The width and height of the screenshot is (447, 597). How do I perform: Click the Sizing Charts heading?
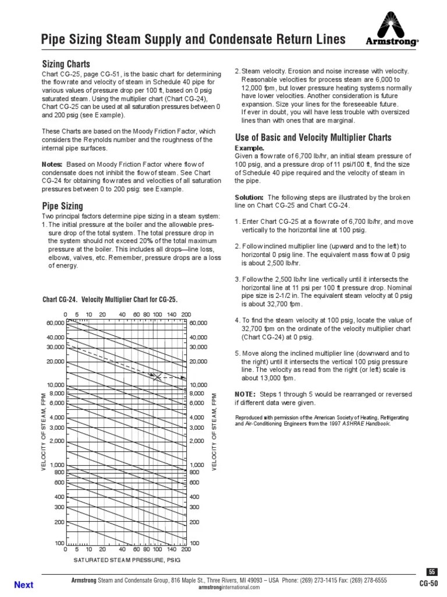pyautogui.click(x=65, y=64)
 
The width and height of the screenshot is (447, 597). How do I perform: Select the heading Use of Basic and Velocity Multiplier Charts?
pyautogui.click(x=312, y=138)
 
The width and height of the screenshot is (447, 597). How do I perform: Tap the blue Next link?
pyautogui.click(x=23, y=585)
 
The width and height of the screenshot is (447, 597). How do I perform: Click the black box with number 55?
pyautogui.click(x=431, y=572)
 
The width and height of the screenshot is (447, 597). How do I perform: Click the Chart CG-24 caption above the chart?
pyautogui.click(x=110, y=300)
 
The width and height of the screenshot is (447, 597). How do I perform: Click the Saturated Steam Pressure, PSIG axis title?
pyautogui.click(x=127, y=560)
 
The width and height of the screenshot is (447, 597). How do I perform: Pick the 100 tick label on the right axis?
pyautogui.click(x=195, y=543)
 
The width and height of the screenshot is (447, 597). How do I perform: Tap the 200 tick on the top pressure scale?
pyautogui.click(x=186, y=314)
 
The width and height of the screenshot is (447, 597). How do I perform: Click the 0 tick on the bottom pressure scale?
pyautogui.click(x=65, y=550)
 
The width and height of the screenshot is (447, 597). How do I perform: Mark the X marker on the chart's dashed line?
pyautogui.click(x=157, y=377)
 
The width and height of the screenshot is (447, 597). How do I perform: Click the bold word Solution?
pyautogui.click(x=249, y=197)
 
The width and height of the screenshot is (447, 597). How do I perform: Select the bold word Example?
pyautogui.click(x=249, y=149)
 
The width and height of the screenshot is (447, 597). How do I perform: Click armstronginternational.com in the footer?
pyautogui.click(x=229, y=587)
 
